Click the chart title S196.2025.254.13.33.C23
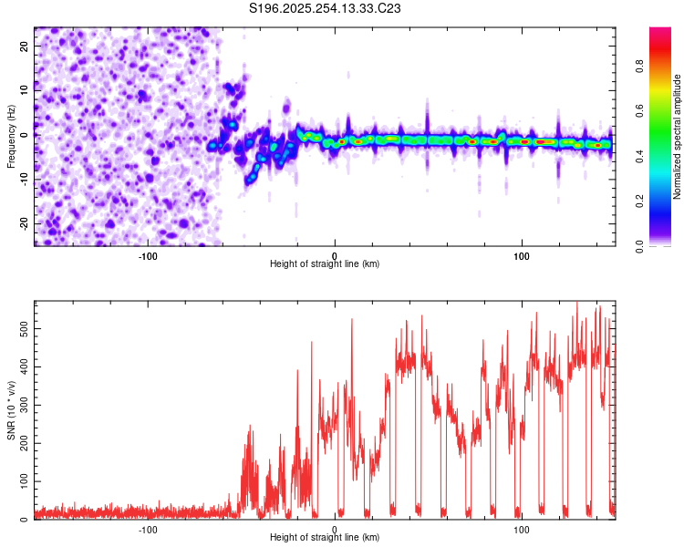pyautogui.click(x=326, y=9)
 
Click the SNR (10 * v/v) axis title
pyautogui.click(x=11, y=410)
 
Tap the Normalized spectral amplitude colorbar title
pyautogui.click(x=678, y=137)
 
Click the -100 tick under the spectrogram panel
pyautogui.click(x=148, y=255)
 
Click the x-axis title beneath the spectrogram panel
pyautogui.click(x=325, y=264)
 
